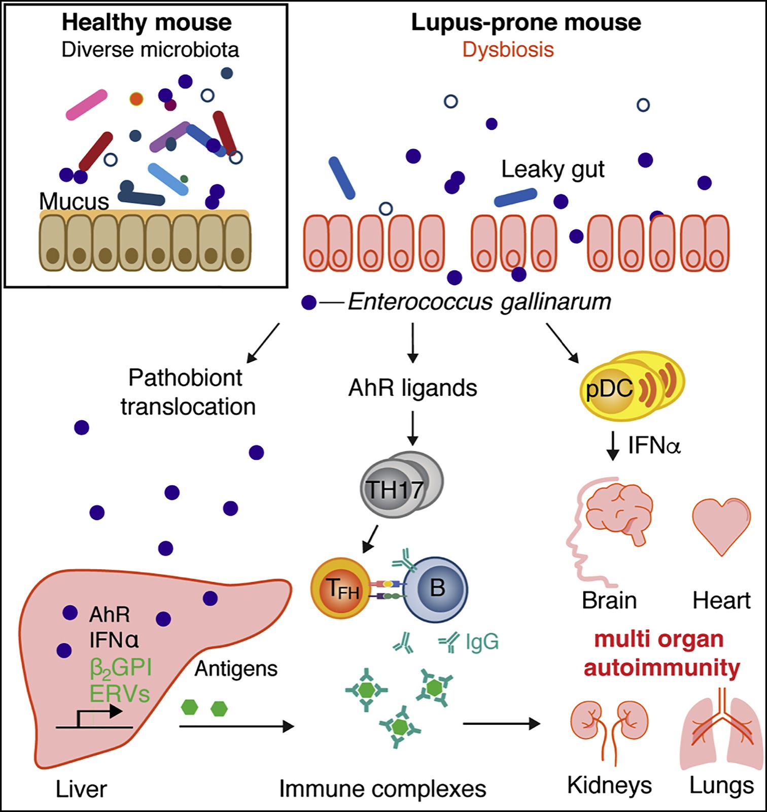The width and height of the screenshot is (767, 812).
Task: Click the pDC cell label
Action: click(609, 389)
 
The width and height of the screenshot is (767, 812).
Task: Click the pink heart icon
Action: click(721, 525)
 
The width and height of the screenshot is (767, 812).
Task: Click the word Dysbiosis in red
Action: click(508, 50)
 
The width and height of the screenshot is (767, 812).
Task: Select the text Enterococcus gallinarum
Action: click(479, 301)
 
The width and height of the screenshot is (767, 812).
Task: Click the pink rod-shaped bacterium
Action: click(87, 105)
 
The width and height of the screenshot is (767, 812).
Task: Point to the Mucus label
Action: click(74, 201)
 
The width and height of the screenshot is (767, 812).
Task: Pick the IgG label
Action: click(482, 642)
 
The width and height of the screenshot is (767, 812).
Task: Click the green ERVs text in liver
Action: click(120, 694)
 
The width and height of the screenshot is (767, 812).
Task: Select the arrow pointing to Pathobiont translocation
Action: click(263, 344)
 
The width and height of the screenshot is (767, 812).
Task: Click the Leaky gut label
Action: click(553, 170)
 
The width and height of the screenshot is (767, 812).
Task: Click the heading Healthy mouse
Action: click(147, 23)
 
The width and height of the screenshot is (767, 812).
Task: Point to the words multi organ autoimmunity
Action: click(661, 654)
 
